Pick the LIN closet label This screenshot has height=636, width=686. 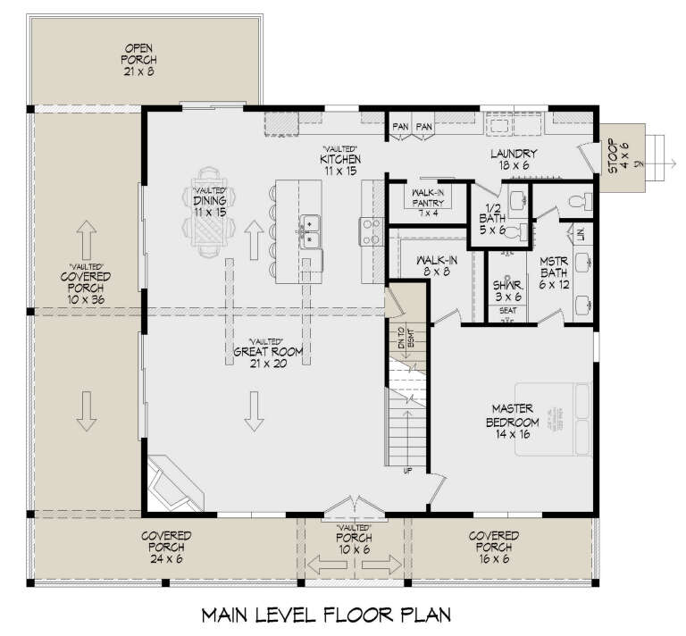click(580, 234)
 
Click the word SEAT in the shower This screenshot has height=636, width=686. click(506, 312)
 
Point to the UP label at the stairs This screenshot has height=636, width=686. click(407, 472)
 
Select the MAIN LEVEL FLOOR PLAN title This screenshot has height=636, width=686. click(327, 615)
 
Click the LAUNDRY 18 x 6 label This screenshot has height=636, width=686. click(513, 159)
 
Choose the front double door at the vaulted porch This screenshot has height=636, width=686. click(355, 508)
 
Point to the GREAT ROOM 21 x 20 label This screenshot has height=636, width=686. click(267, 347)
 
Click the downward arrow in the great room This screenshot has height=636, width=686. click(255, 410)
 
